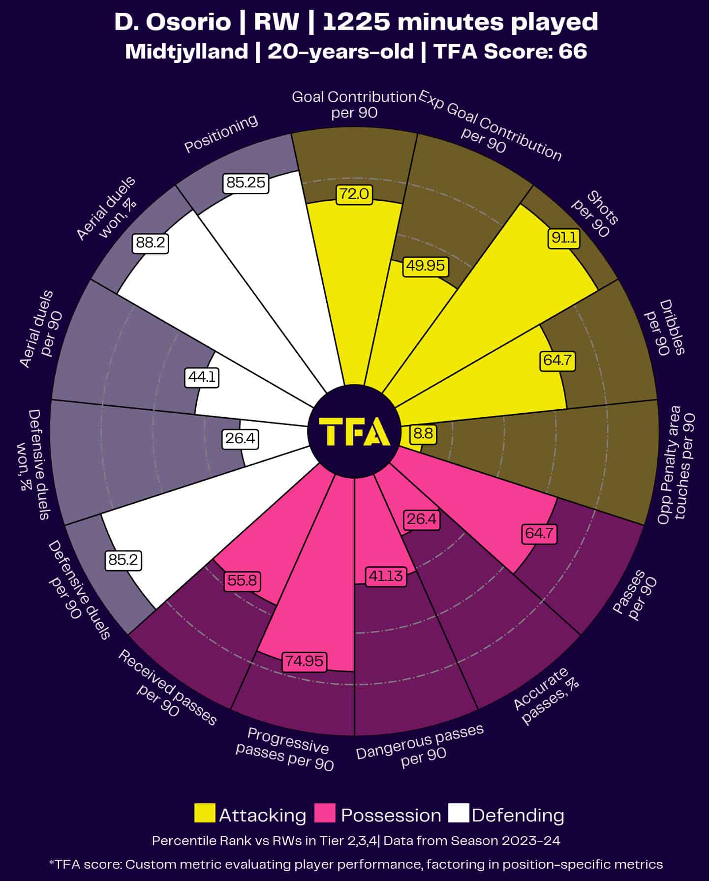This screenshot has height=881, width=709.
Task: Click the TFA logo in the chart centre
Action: [354, 431]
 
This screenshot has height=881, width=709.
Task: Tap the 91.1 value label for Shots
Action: [564, 239]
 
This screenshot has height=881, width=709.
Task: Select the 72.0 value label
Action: [354, 194]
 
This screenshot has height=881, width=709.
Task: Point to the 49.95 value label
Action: [425, 266]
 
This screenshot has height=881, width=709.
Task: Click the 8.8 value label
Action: [423, 433]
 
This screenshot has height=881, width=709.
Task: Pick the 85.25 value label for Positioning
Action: [246, 183]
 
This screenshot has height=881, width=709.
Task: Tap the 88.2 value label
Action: [151, 243]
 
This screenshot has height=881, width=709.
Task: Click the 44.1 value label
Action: [202, 378]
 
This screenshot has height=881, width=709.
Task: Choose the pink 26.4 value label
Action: [422, 519]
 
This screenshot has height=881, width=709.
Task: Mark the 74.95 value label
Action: [305, 661]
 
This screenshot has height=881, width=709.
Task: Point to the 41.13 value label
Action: [386, 576]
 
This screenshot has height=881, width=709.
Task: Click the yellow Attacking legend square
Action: [205, 813]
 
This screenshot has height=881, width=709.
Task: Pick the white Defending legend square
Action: [459, 813]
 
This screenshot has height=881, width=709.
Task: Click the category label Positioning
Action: [221, 134]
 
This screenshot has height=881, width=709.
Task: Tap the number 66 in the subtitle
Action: [573, 51]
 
